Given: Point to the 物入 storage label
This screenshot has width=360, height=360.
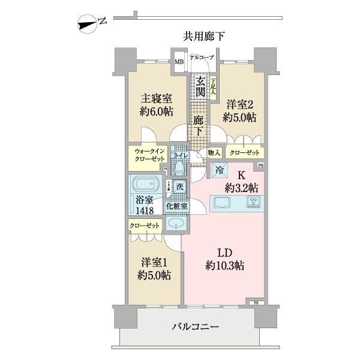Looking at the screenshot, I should [x=214, y=154].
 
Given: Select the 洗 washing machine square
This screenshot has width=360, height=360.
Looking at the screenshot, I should [x=179, y=187].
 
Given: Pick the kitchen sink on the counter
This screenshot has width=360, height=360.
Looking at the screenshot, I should [x=223, y=202].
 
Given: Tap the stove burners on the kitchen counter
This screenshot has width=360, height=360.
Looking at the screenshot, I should [x=254, y=202].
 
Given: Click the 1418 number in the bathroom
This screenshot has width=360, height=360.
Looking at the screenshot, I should [x=145, y=210].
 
